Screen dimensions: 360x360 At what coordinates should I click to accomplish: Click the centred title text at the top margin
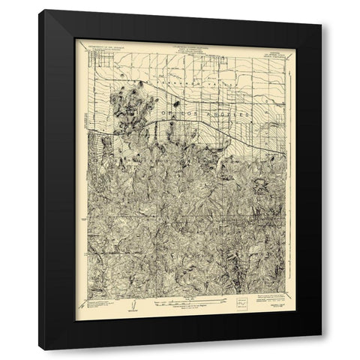click(x=180, y=44)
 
